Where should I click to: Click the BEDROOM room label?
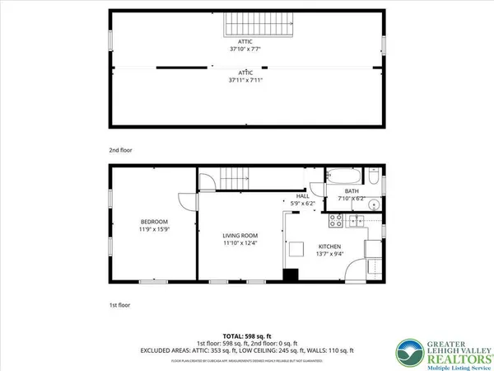154,222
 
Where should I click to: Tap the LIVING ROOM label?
240,235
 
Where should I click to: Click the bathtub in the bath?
343,176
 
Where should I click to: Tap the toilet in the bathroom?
372,179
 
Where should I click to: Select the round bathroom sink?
372,204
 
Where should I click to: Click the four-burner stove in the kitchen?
336,221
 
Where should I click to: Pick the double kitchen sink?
359,221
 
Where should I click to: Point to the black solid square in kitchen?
291,276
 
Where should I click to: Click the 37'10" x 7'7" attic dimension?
247,49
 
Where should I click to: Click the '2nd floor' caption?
120,151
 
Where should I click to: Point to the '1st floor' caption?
120,306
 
